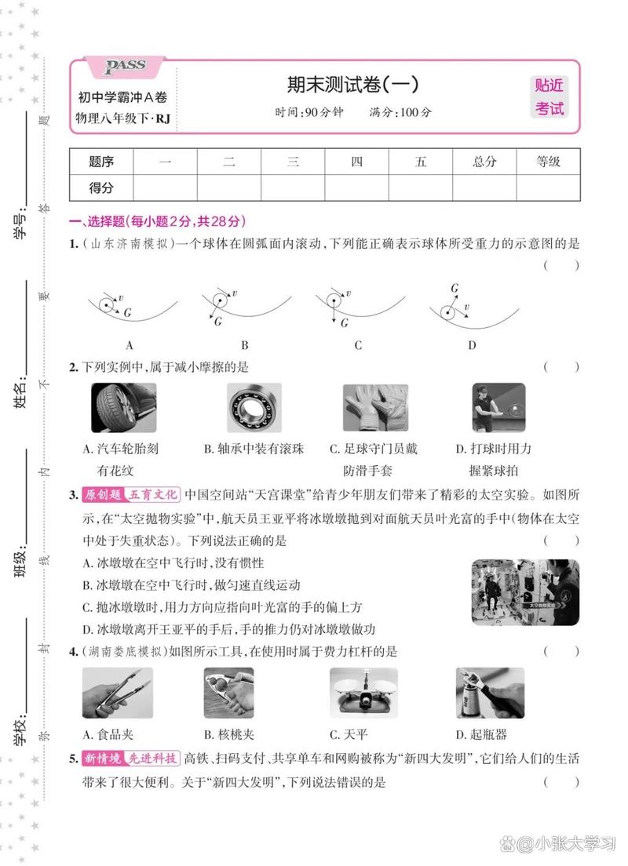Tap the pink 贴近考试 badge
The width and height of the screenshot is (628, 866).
[549, 97]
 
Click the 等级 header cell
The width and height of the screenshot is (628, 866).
[548, 162]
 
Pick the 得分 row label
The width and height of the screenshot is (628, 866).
[101, 188]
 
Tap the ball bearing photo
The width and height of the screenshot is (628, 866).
[254, 408]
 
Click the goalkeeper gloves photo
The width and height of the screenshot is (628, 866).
[375, 408]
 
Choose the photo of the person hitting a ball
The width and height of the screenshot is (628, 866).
[498, 408]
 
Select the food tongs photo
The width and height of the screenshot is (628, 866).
[118, 693]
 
